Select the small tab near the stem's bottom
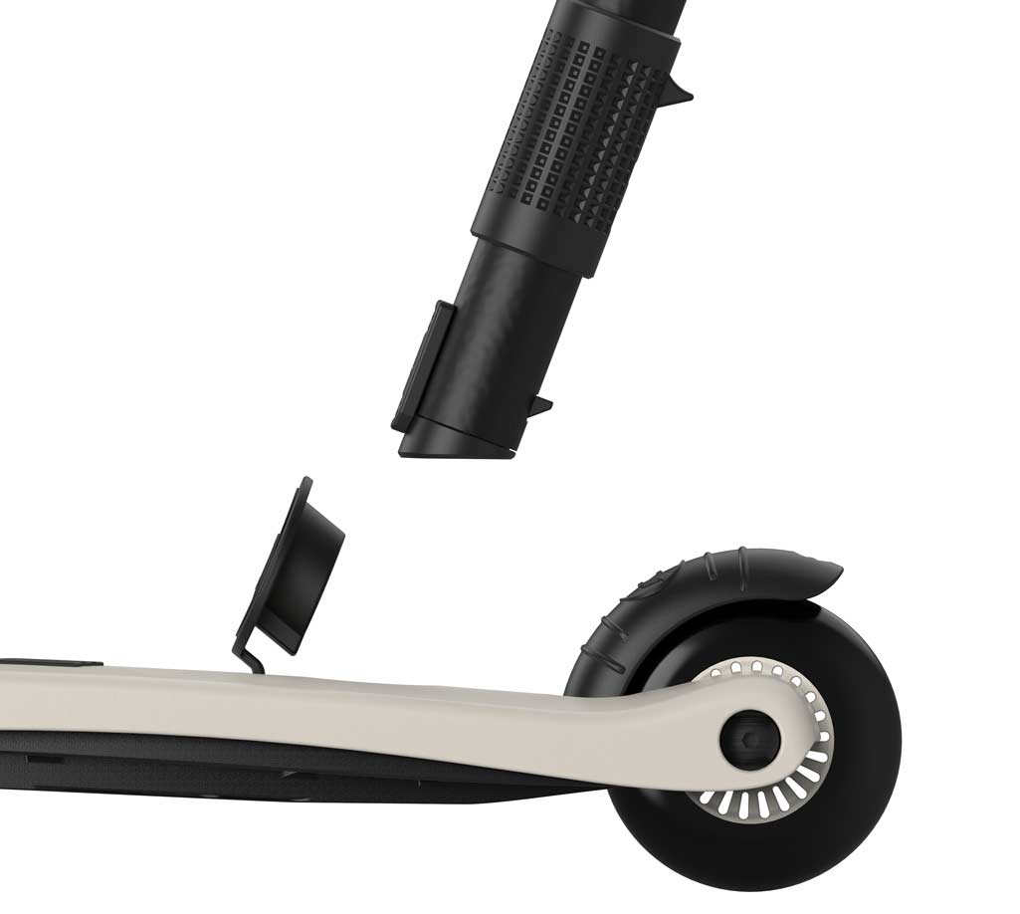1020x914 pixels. tap(540, 405)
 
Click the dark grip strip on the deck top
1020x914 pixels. tap(50, 661)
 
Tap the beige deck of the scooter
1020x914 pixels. tap(299, 712)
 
